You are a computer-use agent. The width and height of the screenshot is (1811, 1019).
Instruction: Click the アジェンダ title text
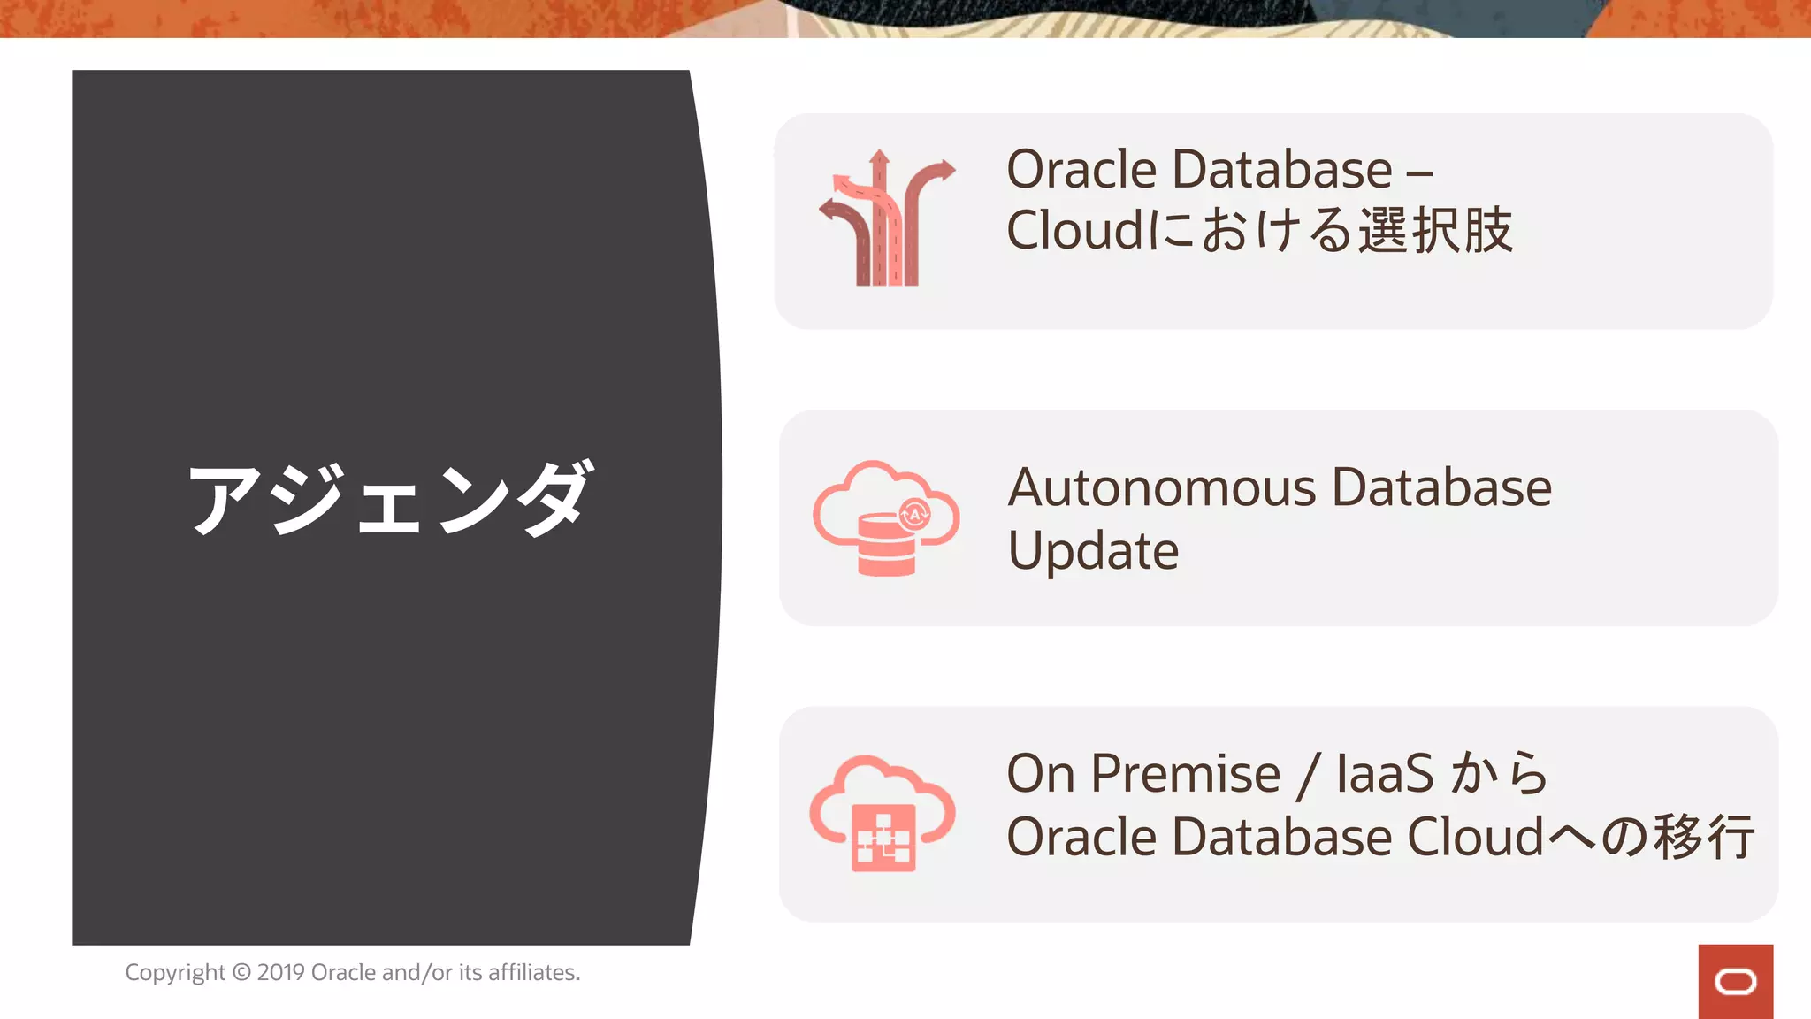tap(389, 499)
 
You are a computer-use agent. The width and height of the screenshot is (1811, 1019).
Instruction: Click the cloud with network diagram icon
tap(883, 814)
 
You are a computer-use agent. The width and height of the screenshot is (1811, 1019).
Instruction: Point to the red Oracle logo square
tap(1735, 981)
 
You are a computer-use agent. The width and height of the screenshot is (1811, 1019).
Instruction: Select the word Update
tap(1093, 551)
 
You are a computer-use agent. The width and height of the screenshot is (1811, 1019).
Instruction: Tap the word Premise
tap(1185, 774)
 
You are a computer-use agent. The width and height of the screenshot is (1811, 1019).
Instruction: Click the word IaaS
tap(1384, 774)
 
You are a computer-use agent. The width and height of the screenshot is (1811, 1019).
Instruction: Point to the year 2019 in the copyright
tap(280, 972)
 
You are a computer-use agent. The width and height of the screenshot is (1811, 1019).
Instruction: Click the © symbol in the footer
tap(241, 972)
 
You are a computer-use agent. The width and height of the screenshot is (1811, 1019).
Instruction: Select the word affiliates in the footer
tap(533, 972)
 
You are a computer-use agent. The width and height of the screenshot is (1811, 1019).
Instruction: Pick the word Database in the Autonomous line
tap(1441, 488)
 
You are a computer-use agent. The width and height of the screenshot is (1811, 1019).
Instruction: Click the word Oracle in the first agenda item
tap(1081, 170)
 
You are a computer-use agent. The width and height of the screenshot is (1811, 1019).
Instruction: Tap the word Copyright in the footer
tap(175, 972)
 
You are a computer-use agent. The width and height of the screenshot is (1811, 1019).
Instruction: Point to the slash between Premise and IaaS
tap(1309, 776)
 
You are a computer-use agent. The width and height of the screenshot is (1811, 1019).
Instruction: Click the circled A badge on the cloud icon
tap(914, 514)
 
